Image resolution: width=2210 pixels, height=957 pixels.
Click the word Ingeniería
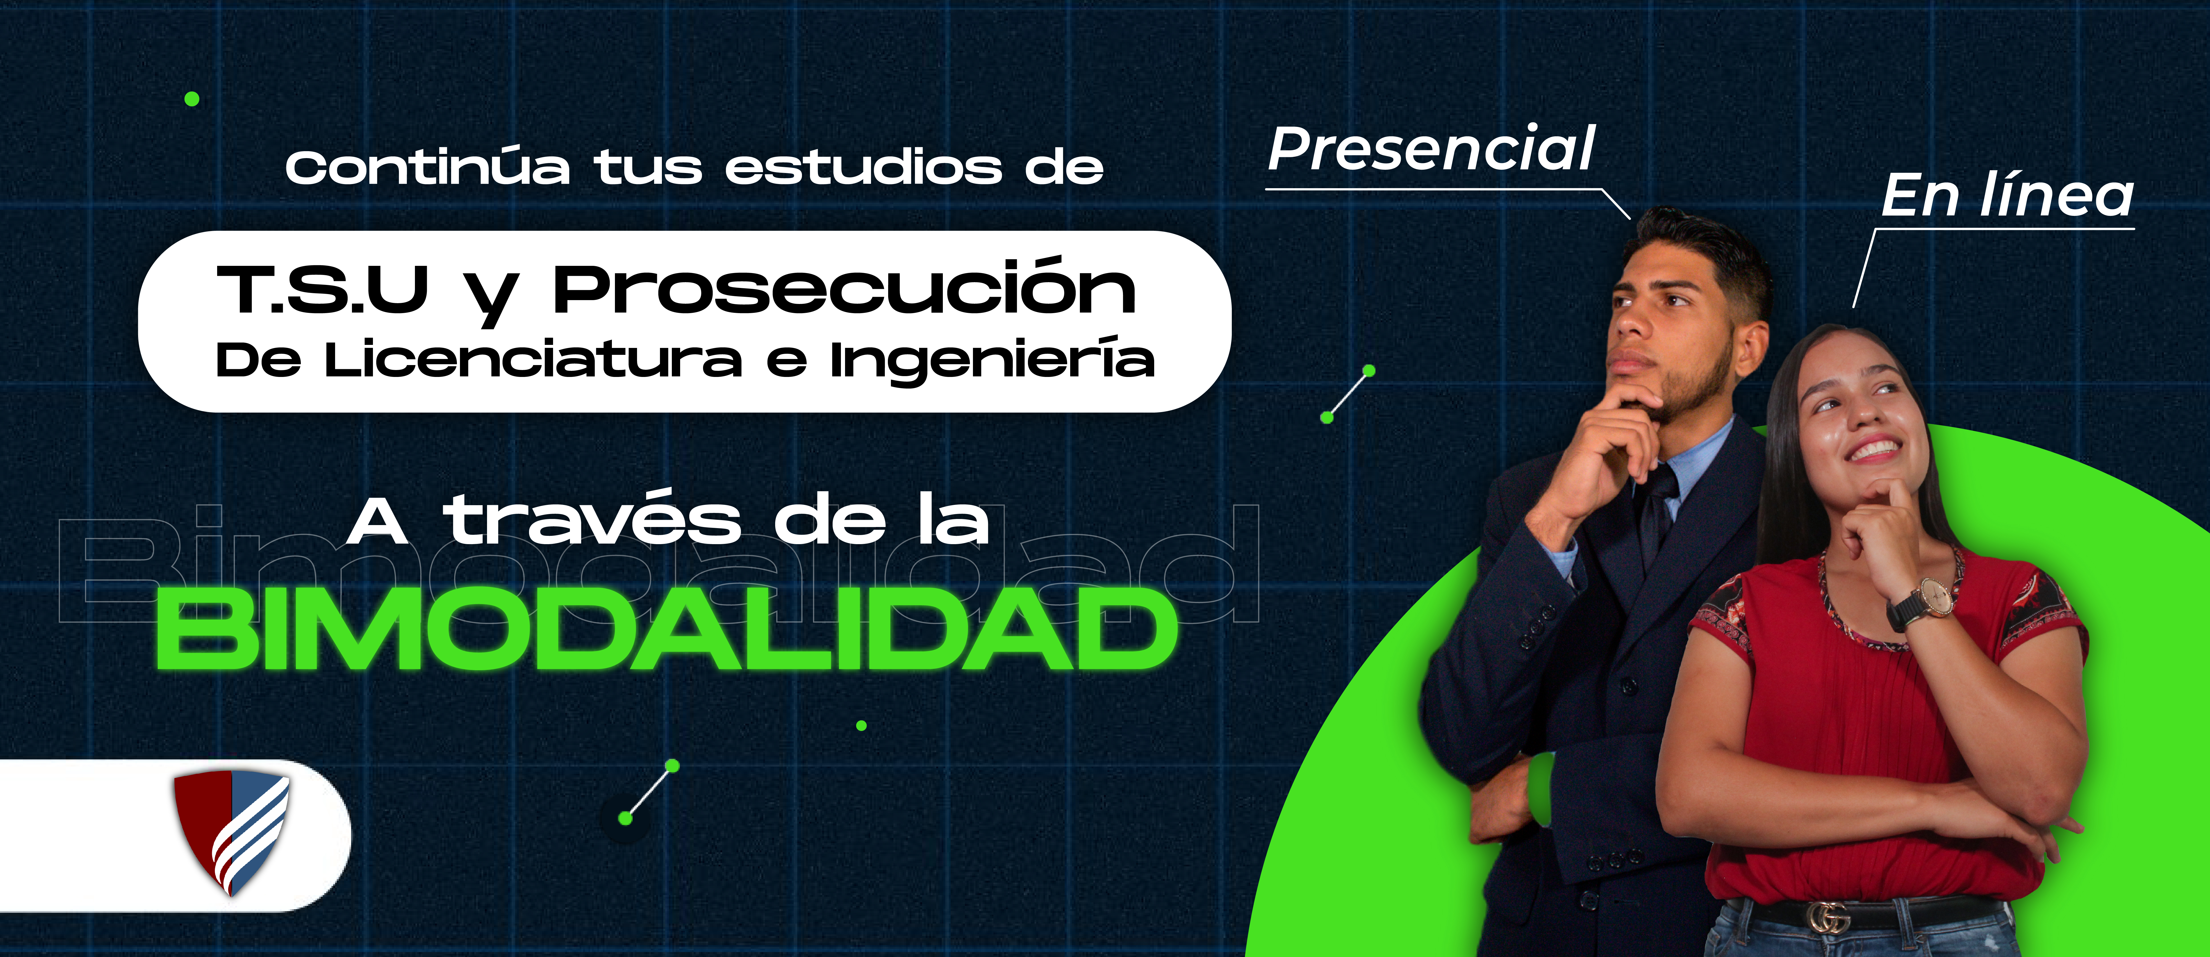pyautogui.click(x=992, y=360)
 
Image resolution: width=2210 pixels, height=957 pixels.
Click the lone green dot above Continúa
pyautogui.click(x=192, y=99)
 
